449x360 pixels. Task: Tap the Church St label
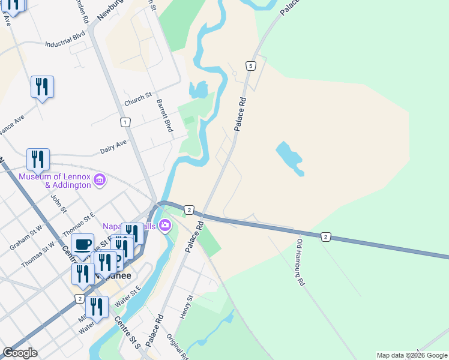(138, 100)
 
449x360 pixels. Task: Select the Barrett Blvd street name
(164, 116)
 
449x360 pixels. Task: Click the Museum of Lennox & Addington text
(55, 181)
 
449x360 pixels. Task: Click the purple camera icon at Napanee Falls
(165, 226)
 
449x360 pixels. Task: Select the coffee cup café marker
(83, 245)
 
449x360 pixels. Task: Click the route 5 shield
(250, 65)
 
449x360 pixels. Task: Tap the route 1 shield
(125, 122)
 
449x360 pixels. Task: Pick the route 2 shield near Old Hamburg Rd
(325, 237)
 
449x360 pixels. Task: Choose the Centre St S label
(127, 333)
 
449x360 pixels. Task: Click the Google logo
(20, 353)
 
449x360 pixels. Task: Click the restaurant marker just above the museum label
(38, 160)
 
